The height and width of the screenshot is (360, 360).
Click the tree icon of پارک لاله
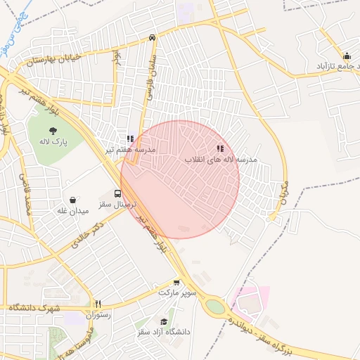[x=53, y=130]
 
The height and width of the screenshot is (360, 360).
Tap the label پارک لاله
[x=53, y=142]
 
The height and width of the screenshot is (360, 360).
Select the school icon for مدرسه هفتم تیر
[x=129, y=139]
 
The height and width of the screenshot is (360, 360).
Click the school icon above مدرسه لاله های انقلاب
[x=220, y=149]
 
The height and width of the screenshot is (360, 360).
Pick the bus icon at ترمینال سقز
[x=117, y=193]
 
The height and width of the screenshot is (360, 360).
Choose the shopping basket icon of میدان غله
[x=72, y=200]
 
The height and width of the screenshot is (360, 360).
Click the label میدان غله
[x=73, y=210]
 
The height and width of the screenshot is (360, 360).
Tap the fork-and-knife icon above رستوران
[x=98, y=304]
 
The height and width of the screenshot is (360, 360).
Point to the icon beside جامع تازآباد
[x=346, y=57]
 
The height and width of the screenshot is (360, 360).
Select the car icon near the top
[x=153, y=38]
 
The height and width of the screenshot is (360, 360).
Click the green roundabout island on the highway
[x=214, y=307]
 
